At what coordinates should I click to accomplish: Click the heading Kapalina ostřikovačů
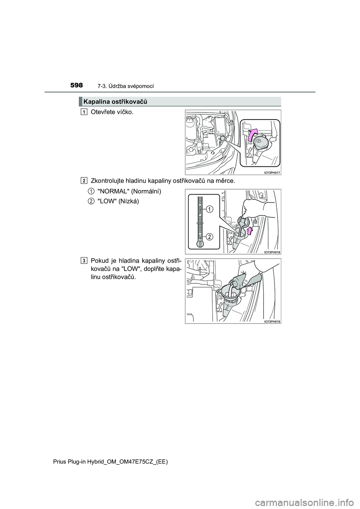coord(115,102)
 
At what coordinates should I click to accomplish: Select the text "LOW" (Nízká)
coord(118,201)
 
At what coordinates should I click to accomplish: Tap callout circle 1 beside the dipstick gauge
coord(209,209)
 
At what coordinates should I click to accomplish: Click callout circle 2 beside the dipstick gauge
coord(209,237)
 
